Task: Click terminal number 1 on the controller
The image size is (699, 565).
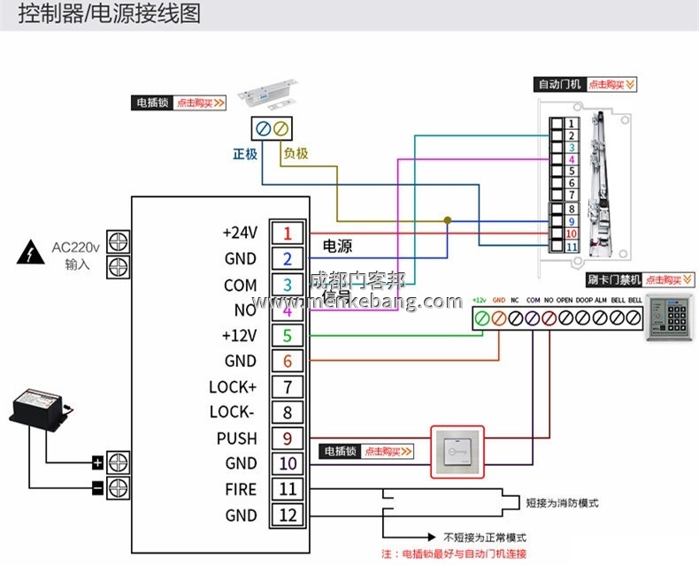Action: [x=287, y=233]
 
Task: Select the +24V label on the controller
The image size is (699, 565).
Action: [x=240, y=233]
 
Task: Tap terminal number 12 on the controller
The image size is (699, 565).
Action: [x=287, y=515]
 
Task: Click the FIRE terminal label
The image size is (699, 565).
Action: [x=241, y=489]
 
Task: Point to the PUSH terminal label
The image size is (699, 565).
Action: [x=237, y=438]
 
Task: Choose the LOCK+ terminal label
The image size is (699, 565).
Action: [x=233, y=386]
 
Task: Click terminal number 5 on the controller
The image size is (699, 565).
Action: [x=287, y=335]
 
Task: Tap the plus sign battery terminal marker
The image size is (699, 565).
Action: [x=97, y=462]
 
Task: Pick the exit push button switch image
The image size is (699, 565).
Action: [x=458, y=452]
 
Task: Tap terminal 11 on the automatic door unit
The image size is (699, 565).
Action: [x=572, y=247]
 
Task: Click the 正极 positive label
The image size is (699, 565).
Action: [x=245, y=153]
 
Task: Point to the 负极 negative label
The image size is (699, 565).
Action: [x=296, y=153]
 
